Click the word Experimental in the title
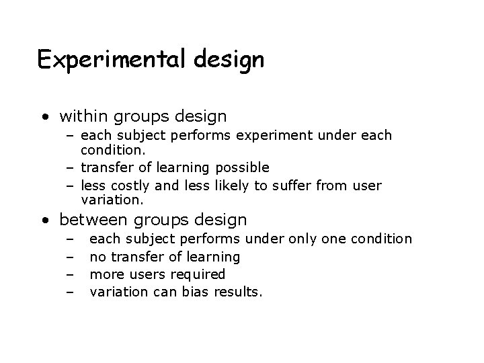(x=114, y=60)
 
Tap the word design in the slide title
(x=230, y=60)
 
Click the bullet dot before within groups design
(x=45, y=118)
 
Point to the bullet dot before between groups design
(x=45, y=220)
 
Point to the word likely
(x=229, y=185)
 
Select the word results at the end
(x=239, y=292)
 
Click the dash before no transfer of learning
(x=69, y=257)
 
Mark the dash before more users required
(x=69, y=274)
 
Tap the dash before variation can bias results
(x=69, y=292)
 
